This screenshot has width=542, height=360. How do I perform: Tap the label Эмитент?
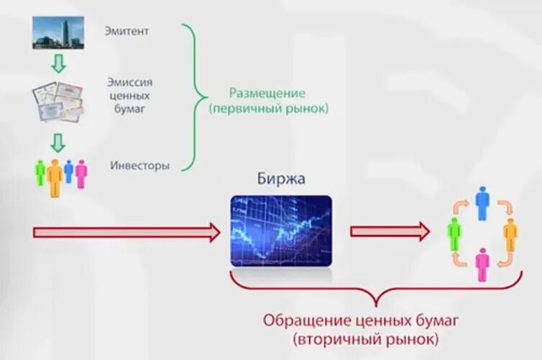[130, 31]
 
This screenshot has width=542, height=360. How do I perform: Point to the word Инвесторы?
[140, 165]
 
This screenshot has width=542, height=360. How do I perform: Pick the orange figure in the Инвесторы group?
[55, 177]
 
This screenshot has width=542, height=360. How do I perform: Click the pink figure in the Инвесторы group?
[81, 174]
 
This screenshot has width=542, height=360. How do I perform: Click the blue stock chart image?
[281, 231]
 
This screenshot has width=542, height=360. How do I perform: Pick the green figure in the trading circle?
[454, 234]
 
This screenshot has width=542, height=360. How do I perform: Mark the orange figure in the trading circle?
[510, 234]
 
